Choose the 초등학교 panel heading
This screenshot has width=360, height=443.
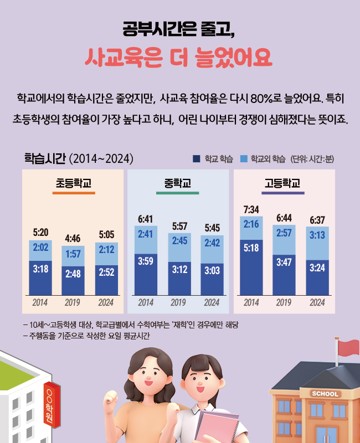pyautogui.click(x=73, y=183)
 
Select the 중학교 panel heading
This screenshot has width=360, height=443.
pyautogui.click(x=178, y=183)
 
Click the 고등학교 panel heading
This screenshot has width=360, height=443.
pyautogui.click(x=283, y=183)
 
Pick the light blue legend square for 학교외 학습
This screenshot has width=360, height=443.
pyautogui.click(x=244, y=159)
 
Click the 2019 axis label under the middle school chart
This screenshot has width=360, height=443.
pyautogui.click(x=178, y=303)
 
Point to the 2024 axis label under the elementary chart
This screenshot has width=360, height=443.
pyautogui.click(x=106, y=303)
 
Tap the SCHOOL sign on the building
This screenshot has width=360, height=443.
pyautogui.click(x=325, y=394)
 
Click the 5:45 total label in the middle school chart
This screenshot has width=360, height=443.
pyautogui.click(x=212, y=228)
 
